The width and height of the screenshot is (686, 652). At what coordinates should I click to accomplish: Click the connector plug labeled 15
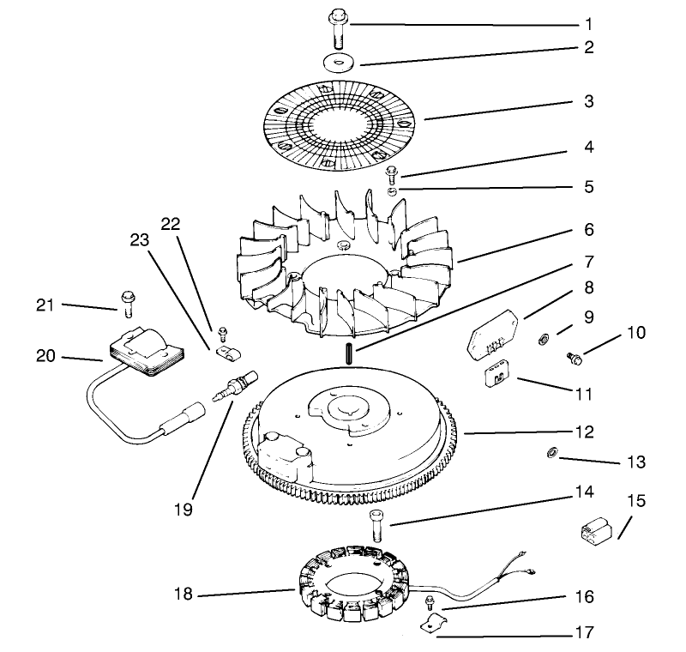tap(592, 531)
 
